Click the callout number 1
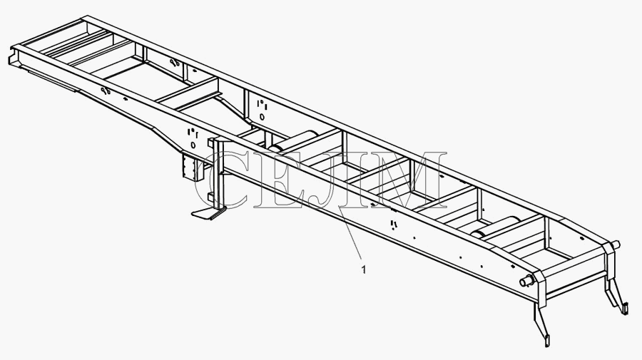click(x=364, y=269)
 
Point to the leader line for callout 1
click(x=350, y=232)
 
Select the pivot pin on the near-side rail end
click(x=526, y=282)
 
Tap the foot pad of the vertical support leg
click(x=209, y=213)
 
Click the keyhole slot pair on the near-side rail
click(x=106, y=91)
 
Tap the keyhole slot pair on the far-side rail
click(x=174, y=63)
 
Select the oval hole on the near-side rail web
click(x=193, y=145)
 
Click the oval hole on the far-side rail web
click(x=262, y=117)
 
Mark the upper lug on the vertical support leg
click(x=211, y=143)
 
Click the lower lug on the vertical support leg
click(x=211, y=197)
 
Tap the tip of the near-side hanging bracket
click(x=546, y=341)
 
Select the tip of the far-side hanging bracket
click(x=624, y=308)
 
